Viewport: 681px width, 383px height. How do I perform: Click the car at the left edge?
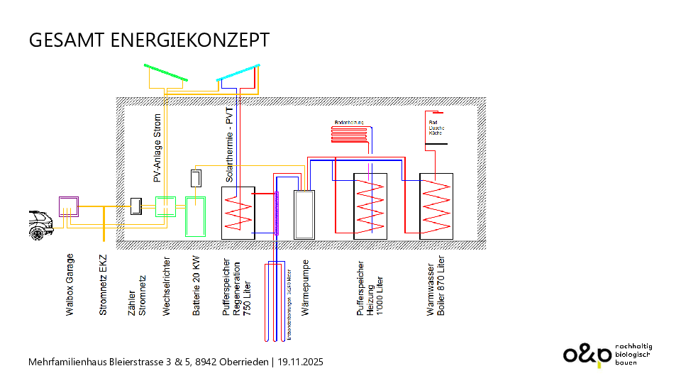[x=40, y=225]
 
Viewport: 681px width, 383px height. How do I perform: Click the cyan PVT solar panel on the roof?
[x=239, y=73]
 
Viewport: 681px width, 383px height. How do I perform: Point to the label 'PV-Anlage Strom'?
[x=157, y=148]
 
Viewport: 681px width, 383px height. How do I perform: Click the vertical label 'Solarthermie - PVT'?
[x=229, y=145]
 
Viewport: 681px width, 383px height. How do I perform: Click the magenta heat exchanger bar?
[x=277, y=213]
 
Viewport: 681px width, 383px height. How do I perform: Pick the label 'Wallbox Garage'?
[x=70, y=283]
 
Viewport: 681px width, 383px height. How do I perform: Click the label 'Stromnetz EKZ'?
[x=104, y=283]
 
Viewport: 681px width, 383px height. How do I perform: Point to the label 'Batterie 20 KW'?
[x=196, y=284]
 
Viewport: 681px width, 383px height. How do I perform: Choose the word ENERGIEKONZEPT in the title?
[x=190, y=40]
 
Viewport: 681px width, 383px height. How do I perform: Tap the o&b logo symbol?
[x=587, y=354]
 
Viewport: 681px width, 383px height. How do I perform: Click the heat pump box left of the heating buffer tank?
[x=306, y=213]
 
